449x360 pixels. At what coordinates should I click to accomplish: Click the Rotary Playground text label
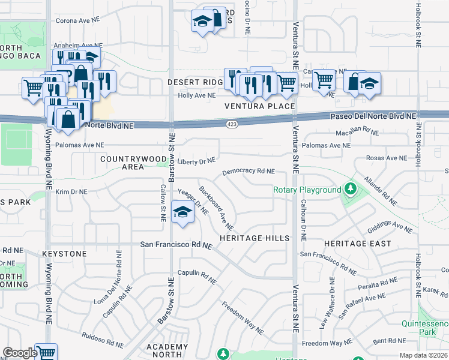pos(307,190)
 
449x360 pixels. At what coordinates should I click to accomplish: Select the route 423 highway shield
pos(231,124)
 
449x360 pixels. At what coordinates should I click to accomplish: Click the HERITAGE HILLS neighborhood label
pos(255,238)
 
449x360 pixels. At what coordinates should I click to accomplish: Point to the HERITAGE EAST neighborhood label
pos(357,244)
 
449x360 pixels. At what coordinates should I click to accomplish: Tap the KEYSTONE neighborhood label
pos(64,254)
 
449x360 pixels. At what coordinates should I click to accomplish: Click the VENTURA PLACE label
pos(259,106)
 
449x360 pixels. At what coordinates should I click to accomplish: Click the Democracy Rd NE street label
pos(248,172)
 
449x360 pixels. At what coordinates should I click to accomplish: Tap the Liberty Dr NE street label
pos(196,161)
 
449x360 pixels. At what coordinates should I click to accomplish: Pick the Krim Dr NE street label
pos(71,192)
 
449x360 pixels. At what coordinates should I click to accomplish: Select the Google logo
pos(20,353)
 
